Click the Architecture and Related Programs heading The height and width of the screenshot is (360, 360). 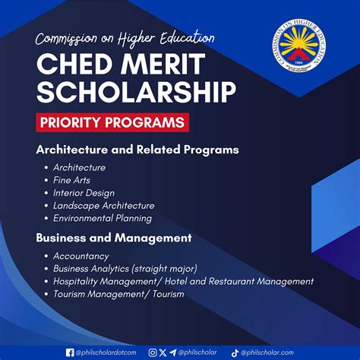point(137,150)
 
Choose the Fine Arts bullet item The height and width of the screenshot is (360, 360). point(71,180)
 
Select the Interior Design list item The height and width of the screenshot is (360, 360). point(84,193)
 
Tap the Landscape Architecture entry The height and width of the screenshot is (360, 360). point(103,205)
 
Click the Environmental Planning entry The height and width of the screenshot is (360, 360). point(102,218)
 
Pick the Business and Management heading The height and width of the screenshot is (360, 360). point(113,238)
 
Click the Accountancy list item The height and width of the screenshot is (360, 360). point(81,256)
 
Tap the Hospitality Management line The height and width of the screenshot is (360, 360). point(183,281)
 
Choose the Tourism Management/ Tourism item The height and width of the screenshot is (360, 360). point(118,293)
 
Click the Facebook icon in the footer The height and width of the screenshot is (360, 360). point(70,352)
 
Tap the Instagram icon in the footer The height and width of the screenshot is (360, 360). point(153,352)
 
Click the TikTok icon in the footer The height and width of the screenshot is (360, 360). point(235,352)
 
